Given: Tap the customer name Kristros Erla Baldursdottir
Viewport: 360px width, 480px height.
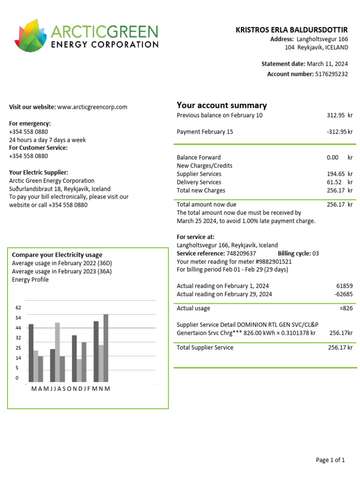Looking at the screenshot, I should [292, 30].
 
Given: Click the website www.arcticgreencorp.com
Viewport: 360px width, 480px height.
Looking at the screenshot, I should [92, 107].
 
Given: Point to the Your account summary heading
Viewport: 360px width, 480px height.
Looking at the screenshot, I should [222, 105].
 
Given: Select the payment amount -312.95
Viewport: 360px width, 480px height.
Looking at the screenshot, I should [336, 132].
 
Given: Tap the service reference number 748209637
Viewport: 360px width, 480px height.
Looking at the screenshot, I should [241, 254].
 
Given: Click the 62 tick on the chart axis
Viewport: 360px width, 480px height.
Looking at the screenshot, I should [18, 308].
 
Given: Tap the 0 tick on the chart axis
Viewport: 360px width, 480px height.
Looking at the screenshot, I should [17, 378].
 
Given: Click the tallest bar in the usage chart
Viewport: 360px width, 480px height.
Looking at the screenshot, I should [106, 348].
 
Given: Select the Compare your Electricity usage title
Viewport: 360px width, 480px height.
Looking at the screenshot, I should [57, 255].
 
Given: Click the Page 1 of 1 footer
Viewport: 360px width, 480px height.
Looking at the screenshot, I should [330, 460].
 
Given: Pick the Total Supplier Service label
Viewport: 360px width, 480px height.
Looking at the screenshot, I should [205, 348].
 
